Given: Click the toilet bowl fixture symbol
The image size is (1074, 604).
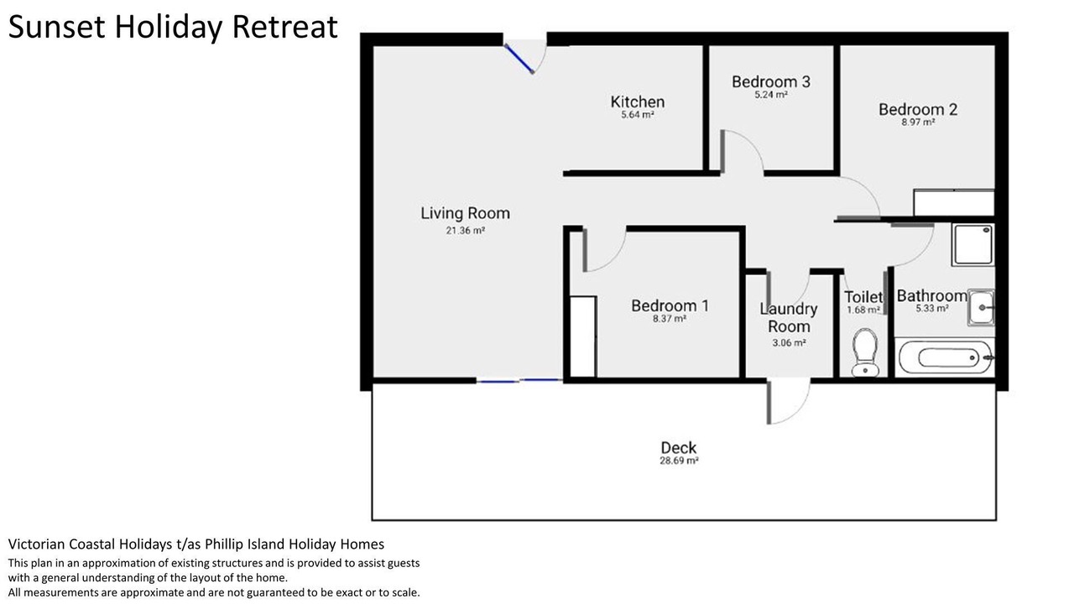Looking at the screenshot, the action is point(864,352).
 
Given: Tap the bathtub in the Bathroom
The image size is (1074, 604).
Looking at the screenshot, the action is point(945,357).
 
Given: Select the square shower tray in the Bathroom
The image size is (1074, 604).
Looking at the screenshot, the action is point(972,244).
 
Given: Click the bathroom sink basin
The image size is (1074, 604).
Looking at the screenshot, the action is point(981,307).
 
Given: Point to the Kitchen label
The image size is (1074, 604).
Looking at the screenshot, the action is point(637,102).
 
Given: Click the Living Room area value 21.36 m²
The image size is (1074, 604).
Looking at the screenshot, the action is point(465,231).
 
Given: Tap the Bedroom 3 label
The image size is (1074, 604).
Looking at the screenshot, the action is point(771,81).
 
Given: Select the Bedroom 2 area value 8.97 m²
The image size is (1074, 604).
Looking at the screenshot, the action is point(918,122).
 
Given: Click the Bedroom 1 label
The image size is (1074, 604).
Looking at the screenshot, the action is point(670,305).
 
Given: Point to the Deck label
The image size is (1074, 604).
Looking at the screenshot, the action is point(679,448).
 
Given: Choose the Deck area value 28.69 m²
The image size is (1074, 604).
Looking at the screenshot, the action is point(679,461).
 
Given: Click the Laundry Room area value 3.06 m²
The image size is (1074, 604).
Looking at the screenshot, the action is point(789,343).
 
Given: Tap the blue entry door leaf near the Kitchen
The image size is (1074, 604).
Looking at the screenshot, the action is point(519,59).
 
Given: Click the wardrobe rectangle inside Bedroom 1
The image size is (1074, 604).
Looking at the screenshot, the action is point(583,336).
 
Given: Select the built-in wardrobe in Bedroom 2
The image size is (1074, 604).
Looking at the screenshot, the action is point(954,203).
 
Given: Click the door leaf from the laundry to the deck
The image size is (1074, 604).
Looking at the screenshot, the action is point(769,402).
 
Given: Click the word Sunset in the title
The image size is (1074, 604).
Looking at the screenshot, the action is point(56,27).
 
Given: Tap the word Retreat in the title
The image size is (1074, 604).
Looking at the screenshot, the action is point(284,27).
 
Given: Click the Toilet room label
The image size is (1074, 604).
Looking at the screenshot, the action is point(863,297).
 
